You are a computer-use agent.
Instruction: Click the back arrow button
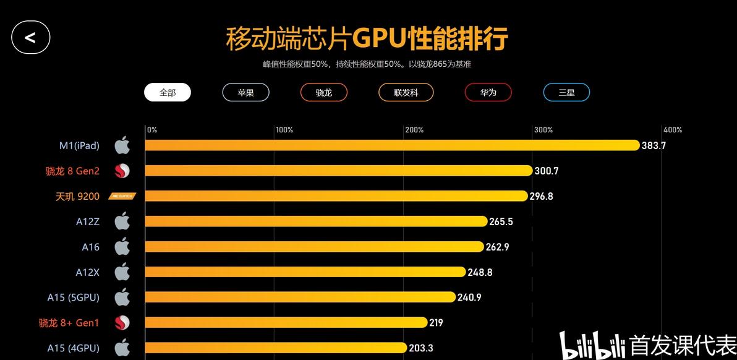pos(30,37)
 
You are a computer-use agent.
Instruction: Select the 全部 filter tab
pos(168,92)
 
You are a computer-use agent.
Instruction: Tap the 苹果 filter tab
pos(245,92)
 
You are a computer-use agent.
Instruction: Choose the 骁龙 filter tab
pos(323,92)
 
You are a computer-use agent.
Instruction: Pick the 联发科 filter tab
pos(406,92)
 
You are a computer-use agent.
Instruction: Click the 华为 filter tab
pos(488,92)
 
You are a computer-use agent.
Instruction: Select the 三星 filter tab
pos(566,92)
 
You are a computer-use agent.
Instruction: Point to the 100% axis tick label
pos(284,130)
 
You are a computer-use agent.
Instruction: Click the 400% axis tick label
pos(673,130)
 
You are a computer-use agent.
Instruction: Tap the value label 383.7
pos(654,145)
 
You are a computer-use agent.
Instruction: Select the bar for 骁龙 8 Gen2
pos(339,171)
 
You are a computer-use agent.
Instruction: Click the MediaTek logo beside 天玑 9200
pos(122,196)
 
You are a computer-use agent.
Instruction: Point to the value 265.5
pos(501,221)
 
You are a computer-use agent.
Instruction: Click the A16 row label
pos(90,247)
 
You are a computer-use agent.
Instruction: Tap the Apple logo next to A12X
pos(122,272)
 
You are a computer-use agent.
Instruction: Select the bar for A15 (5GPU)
pos(300,298)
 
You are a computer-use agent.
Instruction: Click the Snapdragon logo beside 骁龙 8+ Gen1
pos(122,322)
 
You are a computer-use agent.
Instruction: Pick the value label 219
pos(437,323)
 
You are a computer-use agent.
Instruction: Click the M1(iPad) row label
pos(79,145)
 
